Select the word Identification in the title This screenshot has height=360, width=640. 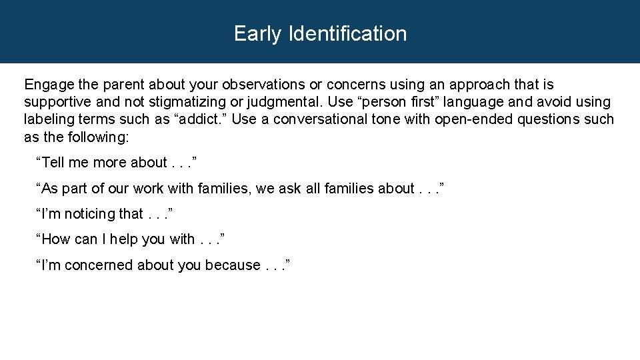347,34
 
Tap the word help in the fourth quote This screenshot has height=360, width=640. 124,239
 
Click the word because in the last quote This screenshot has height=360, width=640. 232,265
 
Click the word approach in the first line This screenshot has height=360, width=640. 474,85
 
